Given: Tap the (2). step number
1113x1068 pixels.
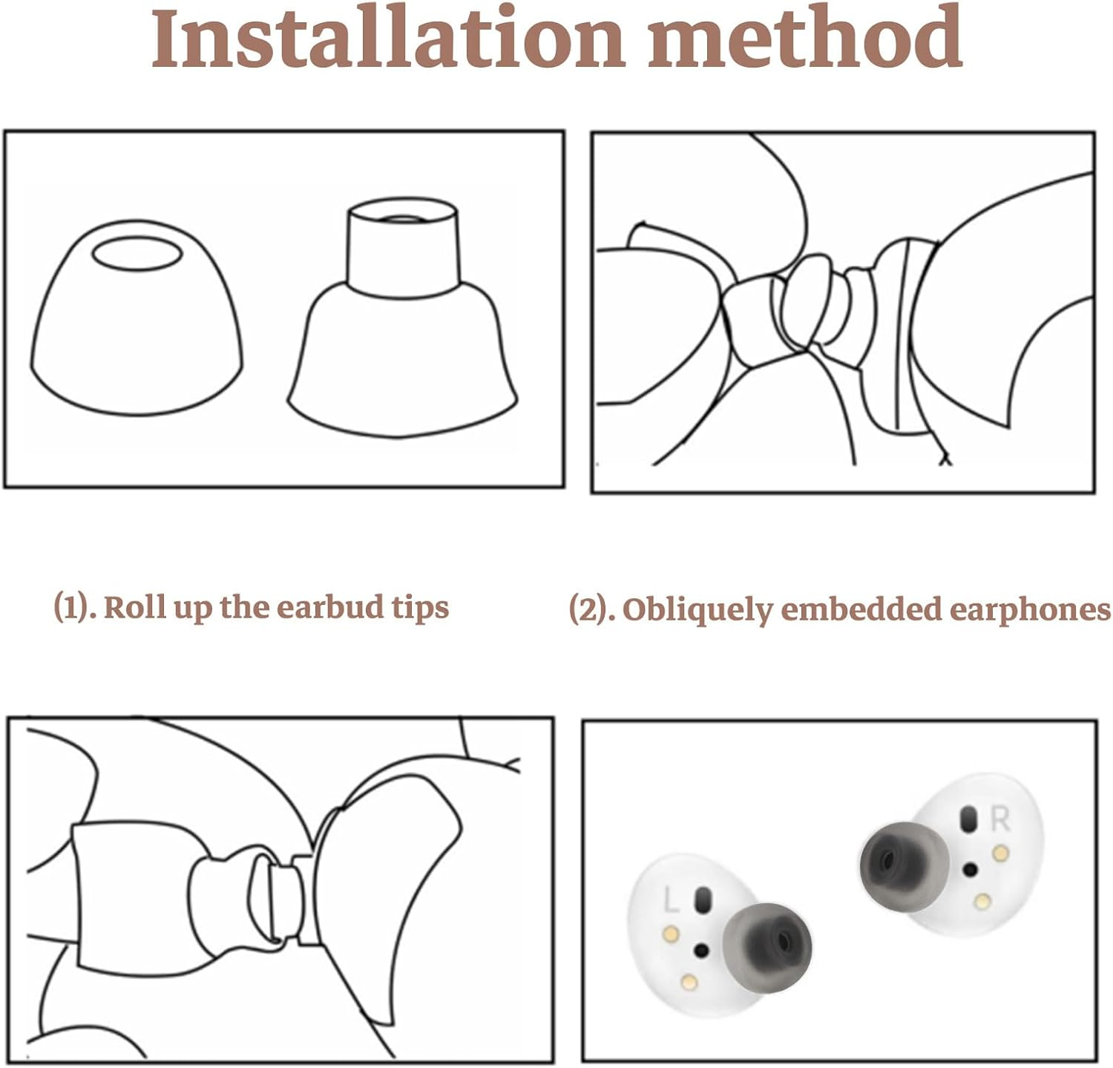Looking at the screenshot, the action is [x=592, y=609].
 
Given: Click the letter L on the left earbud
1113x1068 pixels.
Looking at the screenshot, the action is [x=671, y=900].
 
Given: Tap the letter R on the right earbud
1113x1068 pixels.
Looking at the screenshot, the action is [x=1000, y=819].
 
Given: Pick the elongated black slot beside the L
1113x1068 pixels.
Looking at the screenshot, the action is [x=700, y=900].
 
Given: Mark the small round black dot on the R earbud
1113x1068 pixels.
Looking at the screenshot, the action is [x=969, y=868].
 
